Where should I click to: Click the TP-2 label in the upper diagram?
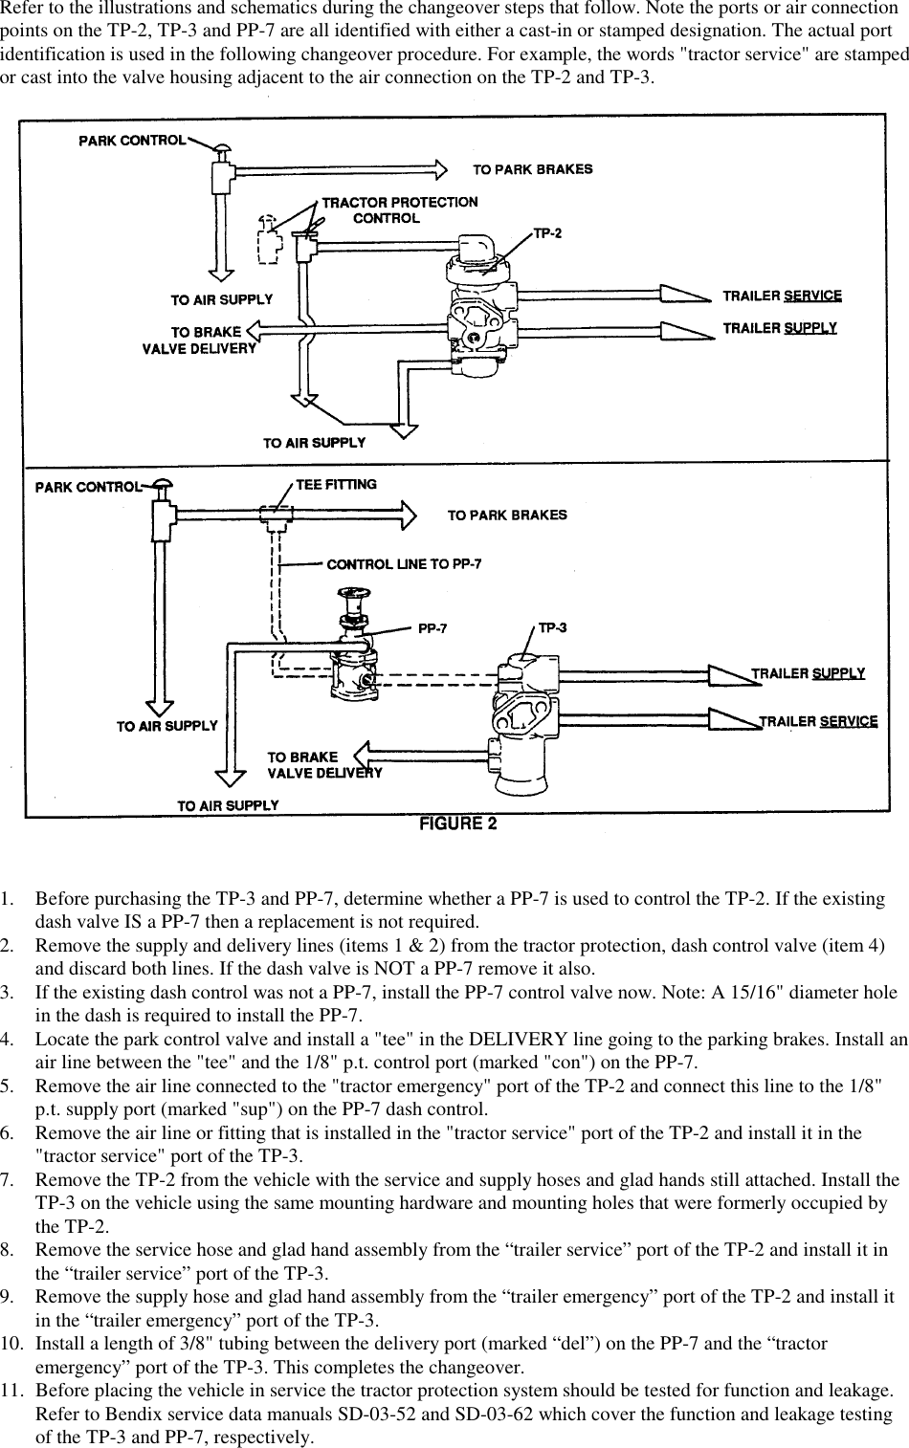click(546, 233)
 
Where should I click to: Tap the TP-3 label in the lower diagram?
click(552, 627)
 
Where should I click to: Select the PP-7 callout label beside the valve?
click(432, 629)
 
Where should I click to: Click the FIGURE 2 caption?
click(458, 824)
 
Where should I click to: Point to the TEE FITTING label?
click(336, 484)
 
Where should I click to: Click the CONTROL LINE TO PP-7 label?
click(404, 564)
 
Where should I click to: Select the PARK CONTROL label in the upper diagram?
click(131, 141)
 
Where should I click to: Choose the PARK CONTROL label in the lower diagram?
click(87, 487)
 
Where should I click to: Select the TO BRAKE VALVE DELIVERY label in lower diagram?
click(323, 765)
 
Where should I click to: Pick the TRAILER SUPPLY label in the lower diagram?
click(808, 673)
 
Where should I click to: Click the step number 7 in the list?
click(8, 1180)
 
